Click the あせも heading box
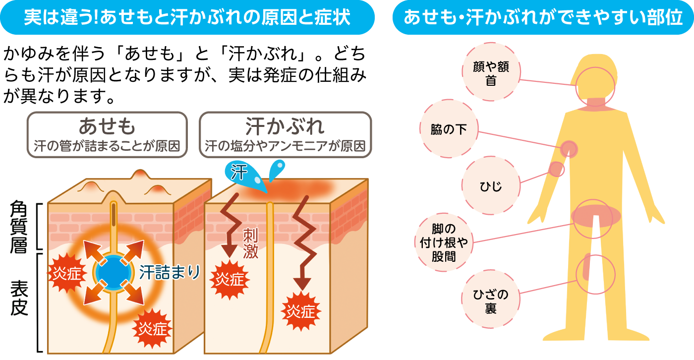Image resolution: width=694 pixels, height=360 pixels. pyautogui.click(x=107, y=134)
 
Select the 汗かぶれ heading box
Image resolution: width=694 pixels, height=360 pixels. pyautogui.click(x=285, y=134)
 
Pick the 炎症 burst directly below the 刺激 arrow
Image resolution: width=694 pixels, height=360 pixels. pyautogui.click(x=230, y=280)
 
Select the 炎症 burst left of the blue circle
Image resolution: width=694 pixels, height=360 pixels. pyautogui.click(x=66, y=273)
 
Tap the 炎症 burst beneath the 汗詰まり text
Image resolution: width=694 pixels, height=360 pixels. pyautogui.click(x=154, y=328)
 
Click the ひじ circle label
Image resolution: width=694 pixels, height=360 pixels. pyautogui.click(x=491, y=186)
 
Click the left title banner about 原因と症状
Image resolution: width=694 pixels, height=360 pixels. pyautogui.click(x=187, y=17)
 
